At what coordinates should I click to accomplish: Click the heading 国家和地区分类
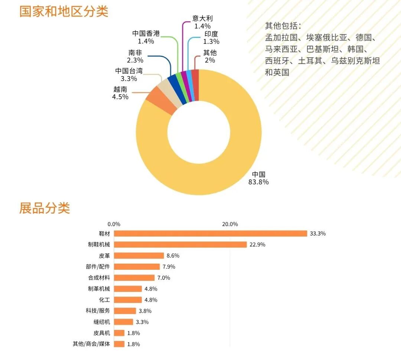pos(63,11)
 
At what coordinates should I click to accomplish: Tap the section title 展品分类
pos(44,208)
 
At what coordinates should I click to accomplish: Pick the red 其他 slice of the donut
pos(195,85)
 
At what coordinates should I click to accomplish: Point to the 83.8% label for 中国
pos(258,182)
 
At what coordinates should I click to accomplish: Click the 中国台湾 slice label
pos(129,71)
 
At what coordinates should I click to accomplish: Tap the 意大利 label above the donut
pos(202,18)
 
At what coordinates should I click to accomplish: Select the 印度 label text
pos(211,34)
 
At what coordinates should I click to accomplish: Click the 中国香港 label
pos(146,33)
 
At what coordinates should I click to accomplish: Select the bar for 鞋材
pos(211,233)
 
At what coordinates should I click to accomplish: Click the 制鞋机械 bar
pos(180,244)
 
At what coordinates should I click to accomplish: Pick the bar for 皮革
pos(139,256)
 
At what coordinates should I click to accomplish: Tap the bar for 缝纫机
pos(124,322)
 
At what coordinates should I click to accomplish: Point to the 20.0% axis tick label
pos(230,224)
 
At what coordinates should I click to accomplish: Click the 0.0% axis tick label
pos(114,224)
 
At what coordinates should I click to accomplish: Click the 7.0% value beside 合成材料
pos(164,278)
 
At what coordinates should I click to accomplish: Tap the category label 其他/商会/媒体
pos(91,344)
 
